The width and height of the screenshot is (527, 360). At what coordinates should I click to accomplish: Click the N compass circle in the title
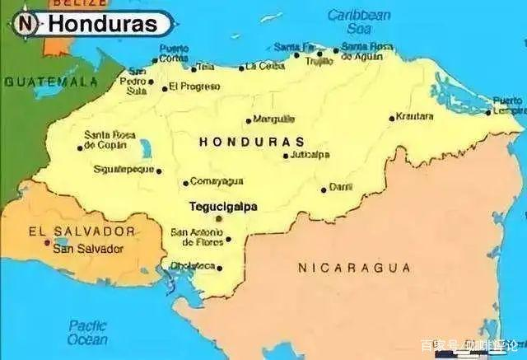26,24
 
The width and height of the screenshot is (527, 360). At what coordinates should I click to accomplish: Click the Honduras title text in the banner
101,24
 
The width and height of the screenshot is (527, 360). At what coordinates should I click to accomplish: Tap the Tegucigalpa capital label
223,207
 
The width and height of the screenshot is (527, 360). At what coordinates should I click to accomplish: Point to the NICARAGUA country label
354,268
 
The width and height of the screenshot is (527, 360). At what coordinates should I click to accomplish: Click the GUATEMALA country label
50,82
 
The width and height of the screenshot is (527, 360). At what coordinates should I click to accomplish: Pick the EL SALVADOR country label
81,231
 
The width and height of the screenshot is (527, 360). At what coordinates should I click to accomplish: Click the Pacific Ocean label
87,332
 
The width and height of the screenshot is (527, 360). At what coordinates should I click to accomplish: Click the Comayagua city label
217,181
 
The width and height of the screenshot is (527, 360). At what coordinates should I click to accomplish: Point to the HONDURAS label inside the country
251,142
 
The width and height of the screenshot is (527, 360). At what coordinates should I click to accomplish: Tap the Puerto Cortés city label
174,54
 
